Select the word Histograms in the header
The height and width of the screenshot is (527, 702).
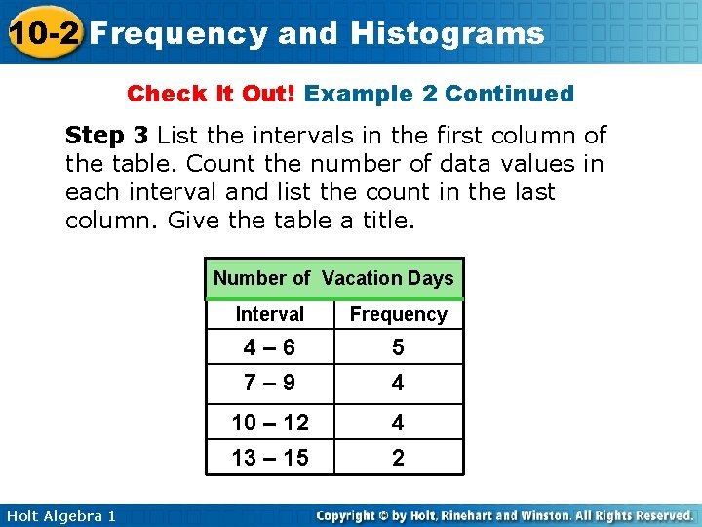click(x=448, y=34)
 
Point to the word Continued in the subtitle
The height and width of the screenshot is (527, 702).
click(x=509, y=94)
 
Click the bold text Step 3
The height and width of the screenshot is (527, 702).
click(x=106, y=135)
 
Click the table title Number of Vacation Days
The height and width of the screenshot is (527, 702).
click(x=333, y=278)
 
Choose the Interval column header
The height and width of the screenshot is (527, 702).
click(x=270, y=314)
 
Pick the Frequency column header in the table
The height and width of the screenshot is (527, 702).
click(x=398, y=314)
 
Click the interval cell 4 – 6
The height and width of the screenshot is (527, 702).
click(x=270, y=347)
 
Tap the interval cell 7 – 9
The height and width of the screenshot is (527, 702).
click(x=270, y=383)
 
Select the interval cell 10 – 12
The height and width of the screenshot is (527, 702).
click(x=270, y=422)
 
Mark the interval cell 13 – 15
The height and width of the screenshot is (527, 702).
click(x=270, y=457)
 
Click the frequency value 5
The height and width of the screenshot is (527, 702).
click(x=398, y=347)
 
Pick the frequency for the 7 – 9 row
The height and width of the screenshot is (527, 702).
click(x=398, y=383)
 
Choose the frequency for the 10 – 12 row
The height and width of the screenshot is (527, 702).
click(x=398, y=422)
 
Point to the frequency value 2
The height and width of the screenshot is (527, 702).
click(x=398, y=457)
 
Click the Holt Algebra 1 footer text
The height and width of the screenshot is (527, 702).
click(x=60, y=515)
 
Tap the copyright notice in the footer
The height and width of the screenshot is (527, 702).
click(x=504, y=515)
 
